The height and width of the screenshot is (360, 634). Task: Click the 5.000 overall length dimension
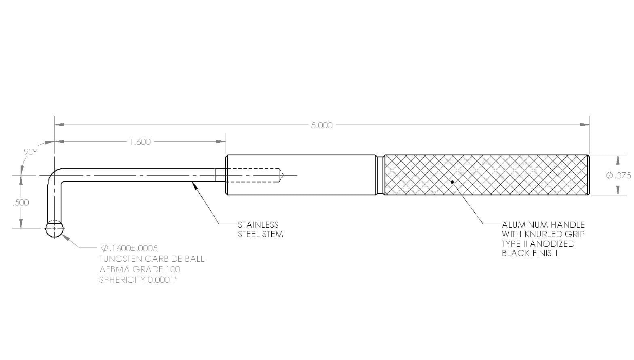pos(321,125)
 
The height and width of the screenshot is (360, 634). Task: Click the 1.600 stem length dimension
pos(140,142)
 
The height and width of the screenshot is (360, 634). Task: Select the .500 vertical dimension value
pos(21,203)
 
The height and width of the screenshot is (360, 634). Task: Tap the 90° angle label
pos(30,152)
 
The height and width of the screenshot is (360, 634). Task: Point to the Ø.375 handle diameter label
pos(618,175)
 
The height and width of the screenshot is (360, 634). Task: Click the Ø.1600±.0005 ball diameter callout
pos(129,248)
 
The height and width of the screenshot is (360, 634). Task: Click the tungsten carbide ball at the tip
pos(55,229)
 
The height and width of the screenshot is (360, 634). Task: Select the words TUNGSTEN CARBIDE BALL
pos(152,259)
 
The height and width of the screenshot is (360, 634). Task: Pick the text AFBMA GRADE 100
pos(140,269)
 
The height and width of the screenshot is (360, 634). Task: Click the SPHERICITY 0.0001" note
pos(138,280)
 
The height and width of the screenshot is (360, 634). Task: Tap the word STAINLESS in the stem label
pos(258,225)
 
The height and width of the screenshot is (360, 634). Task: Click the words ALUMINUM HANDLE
pos(543,225)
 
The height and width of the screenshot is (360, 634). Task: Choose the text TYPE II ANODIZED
pos(538,244)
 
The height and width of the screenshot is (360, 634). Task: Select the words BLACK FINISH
pos(530,253)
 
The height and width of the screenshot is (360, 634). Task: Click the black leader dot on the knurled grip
pos(452,182)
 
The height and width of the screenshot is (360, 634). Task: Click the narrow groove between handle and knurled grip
pos(380,175)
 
